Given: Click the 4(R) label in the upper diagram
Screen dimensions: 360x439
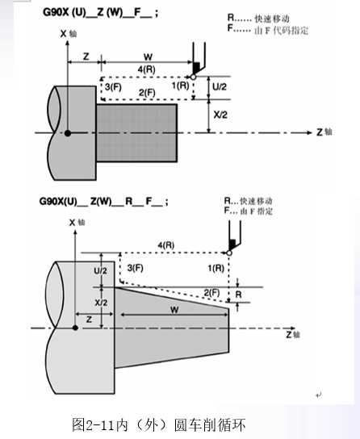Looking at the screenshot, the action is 146,69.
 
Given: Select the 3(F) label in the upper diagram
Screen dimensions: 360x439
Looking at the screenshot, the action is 113,87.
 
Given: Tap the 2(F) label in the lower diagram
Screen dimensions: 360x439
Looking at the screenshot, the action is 211,293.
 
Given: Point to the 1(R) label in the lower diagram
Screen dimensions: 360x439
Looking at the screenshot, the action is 216,268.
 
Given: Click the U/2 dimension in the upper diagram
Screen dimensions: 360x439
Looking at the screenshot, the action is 220,87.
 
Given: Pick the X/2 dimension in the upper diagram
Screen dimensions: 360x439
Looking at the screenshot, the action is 220,115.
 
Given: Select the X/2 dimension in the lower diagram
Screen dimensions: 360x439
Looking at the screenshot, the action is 101,303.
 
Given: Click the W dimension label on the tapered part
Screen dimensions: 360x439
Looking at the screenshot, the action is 174,310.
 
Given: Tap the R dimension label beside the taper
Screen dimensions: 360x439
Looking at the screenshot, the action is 238,295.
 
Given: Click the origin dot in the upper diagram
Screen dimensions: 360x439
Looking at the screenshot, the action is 68,133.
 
